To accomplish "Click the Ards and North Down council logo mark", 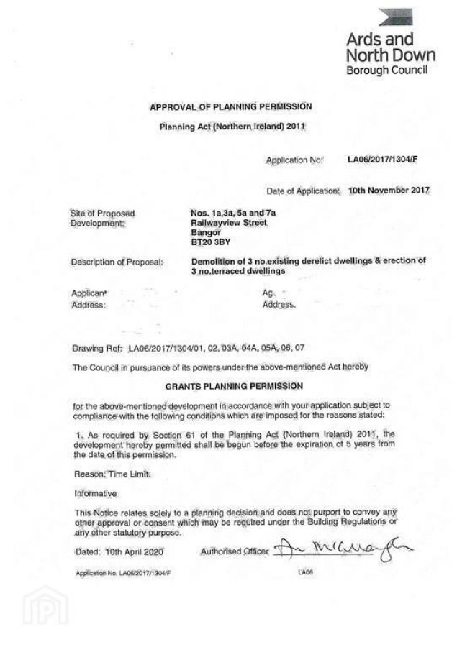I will tap(396, 17).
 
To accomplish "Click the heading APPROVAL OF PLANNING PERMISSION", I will tap(231, 107).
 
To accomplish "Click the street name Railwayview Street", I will tap(225, 223).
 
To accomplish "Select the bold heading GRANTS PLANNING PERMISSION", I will tap(231, 385).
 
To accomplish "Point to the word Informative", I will tap(96, 494).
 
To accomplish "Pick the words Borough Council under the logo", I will tap(387, 70).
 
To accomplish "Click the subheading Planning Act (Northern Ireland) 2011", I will tap(232, 127).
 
